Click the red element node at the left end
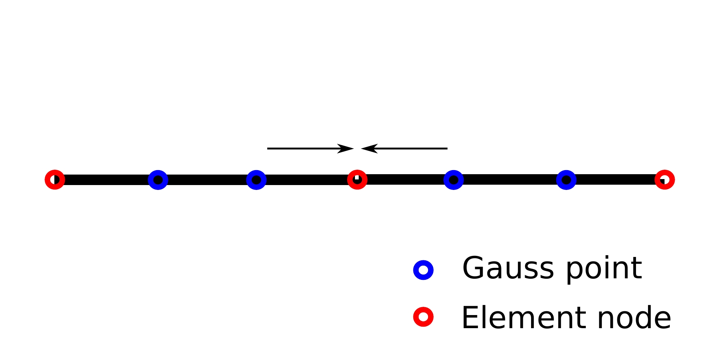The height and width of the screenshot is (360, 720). click(55, 180)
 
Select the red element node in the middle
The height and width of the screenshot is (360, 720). click(357, 180)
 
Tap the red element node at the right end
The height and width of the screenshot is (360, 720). click(665, 180)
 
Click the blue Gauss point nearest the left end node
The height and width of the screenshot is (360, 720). click(158, 180)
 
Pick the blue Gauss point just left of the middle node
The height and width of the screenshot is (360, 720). click(256, 180)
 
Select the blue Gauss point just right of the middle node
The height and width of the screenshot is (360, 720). click(454, 180)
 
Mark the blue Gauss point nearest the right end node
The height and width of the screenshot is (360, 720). click(566, 180)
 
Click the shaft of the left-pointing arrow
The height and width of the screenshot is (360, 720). click(412, 148)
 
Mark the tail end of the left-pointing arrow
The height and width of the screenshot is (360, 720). click(446, 148)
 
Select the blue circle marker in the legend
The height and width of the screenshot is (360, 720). click(423, 270)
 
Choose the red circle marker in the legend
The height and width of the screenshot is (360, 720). click(423, 317)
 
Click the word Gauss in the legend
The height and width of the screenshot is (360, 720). click(508, 268)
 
